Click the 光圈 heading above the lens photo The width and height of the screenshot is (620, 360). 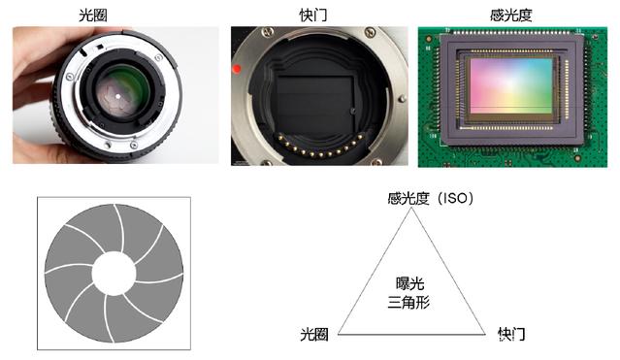click(93, 16)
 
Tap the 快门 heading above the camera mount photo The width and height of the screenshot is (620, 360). click(313, 16)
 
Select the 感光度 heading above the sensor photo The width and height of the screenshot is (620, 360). click(511, 16)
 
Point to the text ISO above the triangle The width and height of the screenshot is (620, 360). click(455, 198)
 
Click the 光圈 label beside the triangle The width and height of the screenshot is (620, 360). click(314, 334)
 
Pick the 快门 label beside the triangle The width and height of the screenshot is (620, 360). click(511, 334)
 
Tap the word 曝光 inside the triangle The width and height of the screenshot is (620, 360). click(409, 283)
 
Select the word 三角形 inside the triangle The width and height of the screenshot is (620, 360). click(408, 302)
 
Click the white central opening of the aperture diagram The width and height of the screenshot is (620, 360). click(114, 274)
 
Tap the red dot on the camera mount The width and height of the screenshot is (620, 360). click(237, 69)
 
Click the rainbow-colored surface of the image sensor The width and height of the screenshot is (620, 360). click(511, 85)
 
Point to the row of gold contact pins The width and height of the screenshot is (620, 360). click(321, 147)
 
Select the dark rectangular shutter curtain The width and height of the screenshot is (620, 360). click(314, 102)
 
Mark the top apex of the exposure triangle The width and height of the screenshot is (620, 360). click(411, 208)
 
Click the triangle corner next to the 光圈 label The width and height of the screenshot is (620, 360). click(339, 334)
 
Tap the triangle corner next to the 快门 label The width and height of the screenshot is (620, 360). click(485, 334)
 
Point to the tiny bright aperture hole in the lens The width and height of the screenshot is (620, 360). click(117, 96)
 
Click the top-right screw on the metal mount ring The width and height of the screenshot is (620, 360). click(370, 32)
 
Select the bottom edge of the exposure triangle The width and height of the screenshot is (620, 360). click(411, 334)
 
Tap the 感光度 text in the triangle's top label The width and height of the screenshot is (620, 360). click(408, 198)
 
